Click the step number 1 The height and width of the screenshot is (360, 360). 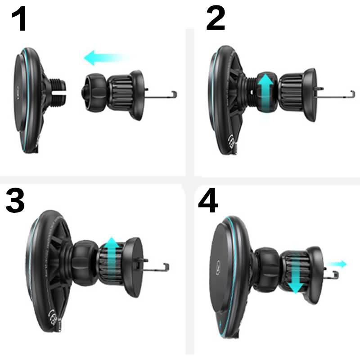pos(19,19)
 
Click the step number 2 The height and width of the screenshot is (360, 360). pos(216,18)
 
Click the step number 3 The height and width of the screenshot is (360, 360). pos(15,200)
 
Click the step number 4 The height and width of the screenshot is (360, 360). pos(208,200)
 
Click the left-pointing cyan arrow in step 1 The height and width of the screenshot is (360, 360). pos(106,58)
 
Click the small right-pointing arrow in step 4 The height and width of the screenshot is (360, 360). pos(337,264)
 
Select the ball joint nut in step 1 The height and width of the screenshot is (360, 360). pos(94,93)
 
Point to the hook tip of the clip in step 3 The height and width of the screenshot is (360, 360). pos(166,267)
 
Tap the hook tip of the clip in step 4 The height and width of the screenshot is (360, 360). pos(336,275)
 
